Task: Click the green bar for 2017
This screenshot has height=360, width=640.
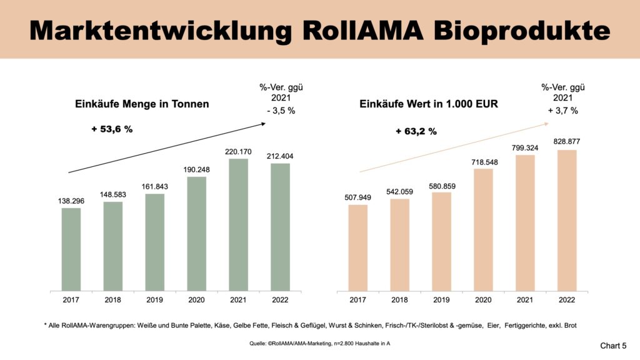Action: tap(71, 249)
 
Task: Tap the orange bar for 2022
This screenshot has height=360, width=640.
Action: tap(567, 220)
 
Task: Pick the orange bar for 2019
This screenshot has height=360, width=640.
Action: tap(441, 241)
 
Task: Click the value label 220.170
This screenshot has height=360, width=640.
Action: tap(238, 151)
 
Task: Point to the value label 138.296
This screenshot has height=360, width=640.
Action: tap(71, 201)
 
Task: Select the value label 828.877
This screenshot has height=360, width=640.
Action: tap(567, 142)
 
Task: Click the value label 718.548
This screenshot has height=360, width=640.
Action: tap(483, 161)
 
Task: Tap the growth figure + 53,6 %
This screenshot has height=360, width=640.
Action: tap(112, 129)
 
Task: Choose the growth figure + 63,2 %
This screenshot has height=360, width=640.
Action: tap(416, 131)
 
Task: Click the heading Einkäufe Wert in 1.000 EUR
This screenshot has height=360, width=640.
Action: tap(429, 104)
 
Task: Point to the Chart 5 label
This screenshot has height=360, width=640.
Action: tap(613, 344)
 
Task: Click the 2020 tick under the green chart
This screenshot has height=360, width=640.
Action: tap(196, 299)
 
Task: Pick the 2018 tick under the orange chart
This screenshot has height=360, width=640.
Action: tap(399, 299)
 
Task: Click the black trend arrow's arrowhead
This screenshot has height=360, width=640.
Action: tap(262, 124)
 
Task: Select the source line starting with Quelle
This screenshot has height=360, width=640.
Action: tap(319, 344)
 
